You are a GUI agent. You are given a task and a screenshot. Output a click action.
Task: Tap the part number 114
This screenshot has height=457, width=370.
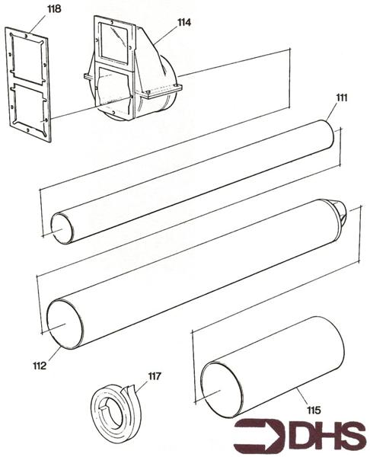183,23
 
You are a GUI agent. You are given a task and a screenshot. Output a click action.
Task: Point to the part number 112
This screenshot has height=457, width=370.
40,366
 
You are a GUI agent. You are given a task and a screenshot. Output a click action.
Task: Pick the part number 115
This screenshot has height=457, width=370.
314,411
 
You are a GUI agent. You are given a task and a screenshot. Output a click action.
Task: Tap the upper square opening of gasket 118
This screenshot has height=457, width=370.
28,63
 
